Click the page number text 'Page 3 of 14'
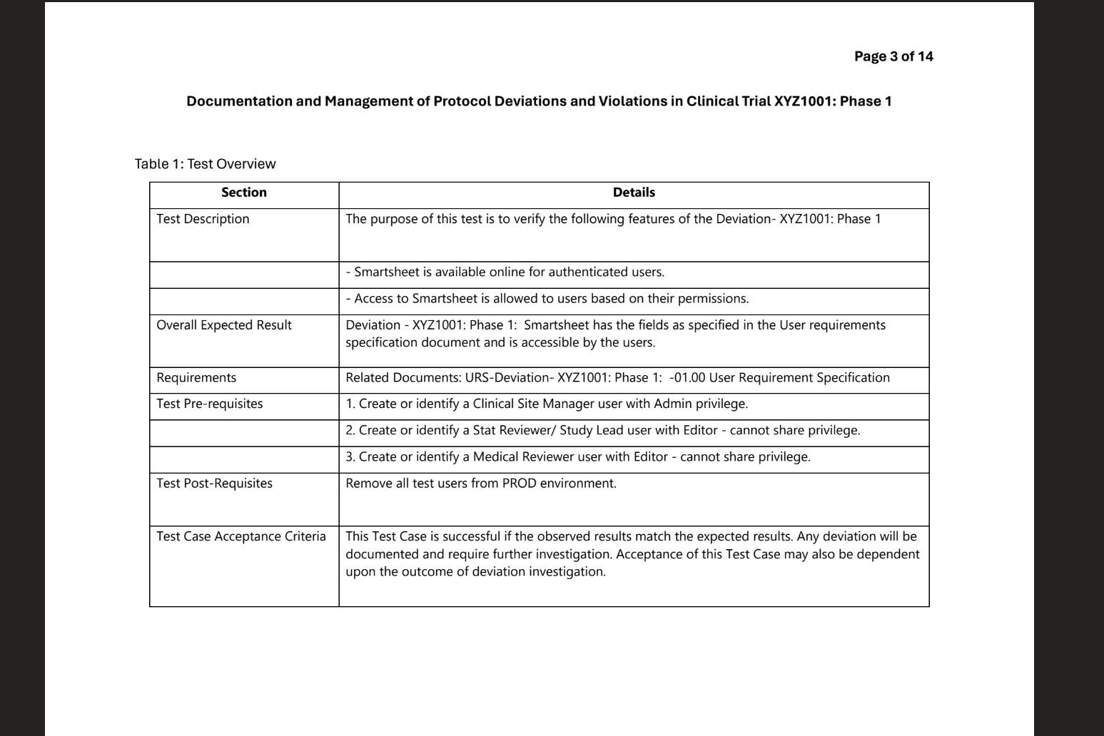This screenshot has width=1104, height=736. tap(893, 56)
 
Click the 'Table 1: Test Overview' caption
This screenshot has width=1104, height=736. tap(205, 164)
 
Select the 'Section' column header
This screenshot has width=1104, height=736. tap(244, 193)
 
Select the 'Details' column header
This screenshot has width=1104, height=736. tap(634, 193)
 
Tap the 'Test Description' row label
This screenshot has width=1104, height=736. tap(203, 219)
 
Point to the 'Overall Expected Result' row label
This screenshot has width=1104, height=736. tap(224, 325)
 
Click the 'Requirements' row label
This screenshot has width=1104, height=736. tap(196, 378)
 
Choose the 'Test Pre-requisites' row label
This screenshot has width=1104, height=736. tap(210, 404)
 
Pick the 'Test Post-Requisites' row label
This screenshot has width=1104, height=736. tap(214, 484)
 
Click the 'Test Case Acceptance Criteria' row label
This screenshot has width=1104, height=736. tap(241, 536)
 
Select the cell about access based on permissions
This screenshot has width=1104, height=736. tap(547, 298)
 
